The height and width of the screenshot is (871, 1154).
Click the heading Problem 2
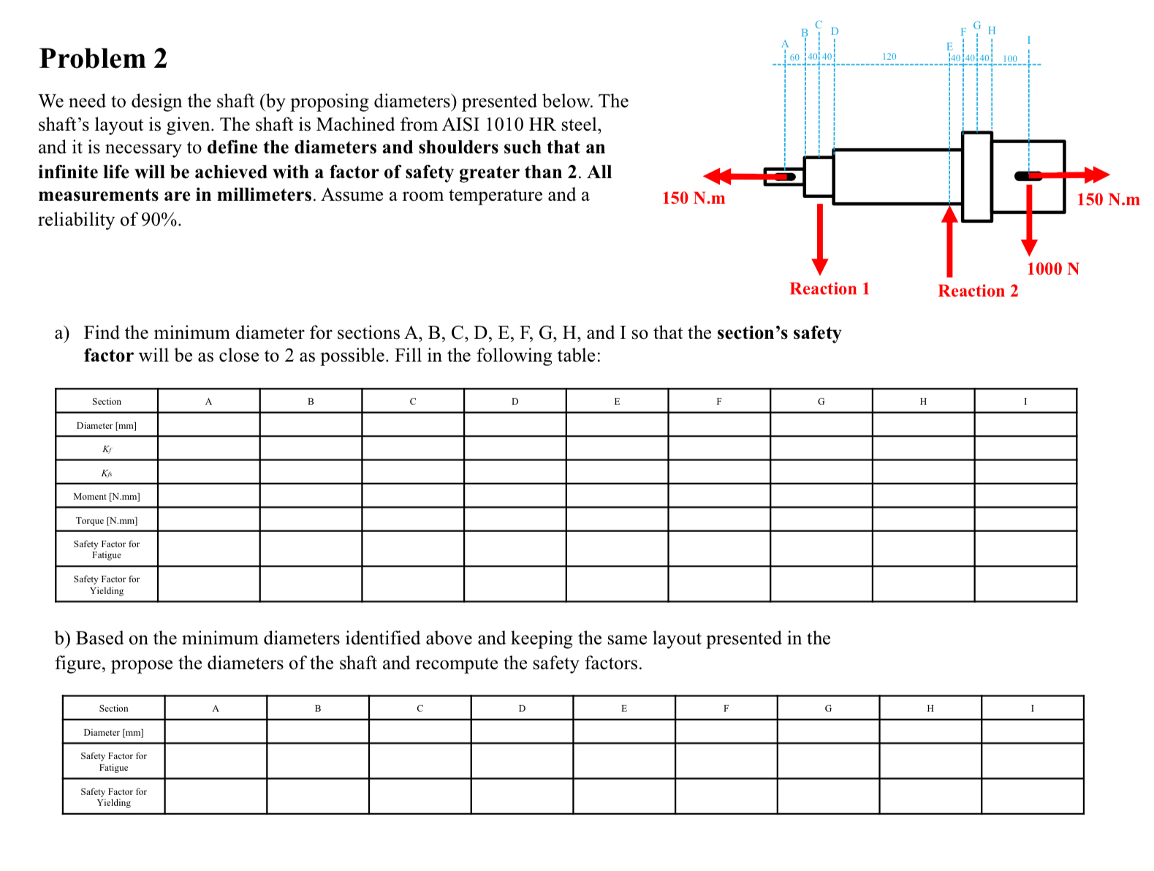[103, 58]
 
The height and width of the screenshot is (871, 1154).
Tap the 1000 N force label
[1052, 269]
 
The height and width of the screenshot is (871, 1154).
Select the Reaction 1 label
[829, 289]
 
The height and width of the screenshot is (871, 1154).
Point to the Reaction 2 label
[977, 291]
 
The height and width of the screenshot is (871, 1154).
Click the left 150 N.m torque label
[693, 198]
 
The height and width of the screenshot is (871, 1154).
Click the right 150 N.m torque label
[1107, 199]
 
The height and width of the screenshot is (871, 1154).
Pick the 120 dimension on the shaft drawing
[889, 56]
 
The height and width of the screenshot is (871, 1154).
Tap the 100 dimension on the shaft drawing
[1009, 58]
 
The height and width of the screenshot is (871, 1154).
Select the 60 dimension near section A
[794, 57]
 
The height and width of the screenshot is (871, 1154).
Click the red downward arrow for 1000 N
[1029, 219]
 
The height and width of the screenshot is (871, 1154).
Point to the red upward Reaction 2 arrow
[949, 241]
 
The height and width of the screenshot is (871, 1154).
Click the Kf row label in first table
[107, 449]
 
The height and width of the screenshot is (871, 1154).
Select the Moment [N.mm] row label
[107, 497]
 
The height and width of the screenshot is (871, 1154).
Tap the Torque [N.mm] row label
[107, 521]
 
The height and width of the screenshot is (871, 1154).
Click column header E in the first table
[617, 401]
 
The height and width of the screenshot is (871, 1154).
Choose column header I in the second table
[1032, 708]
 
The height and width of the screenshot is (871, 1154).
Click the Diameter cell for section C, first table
[413, 425]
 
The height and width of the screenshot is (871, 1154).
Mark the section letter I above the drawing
[1029, 39]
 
